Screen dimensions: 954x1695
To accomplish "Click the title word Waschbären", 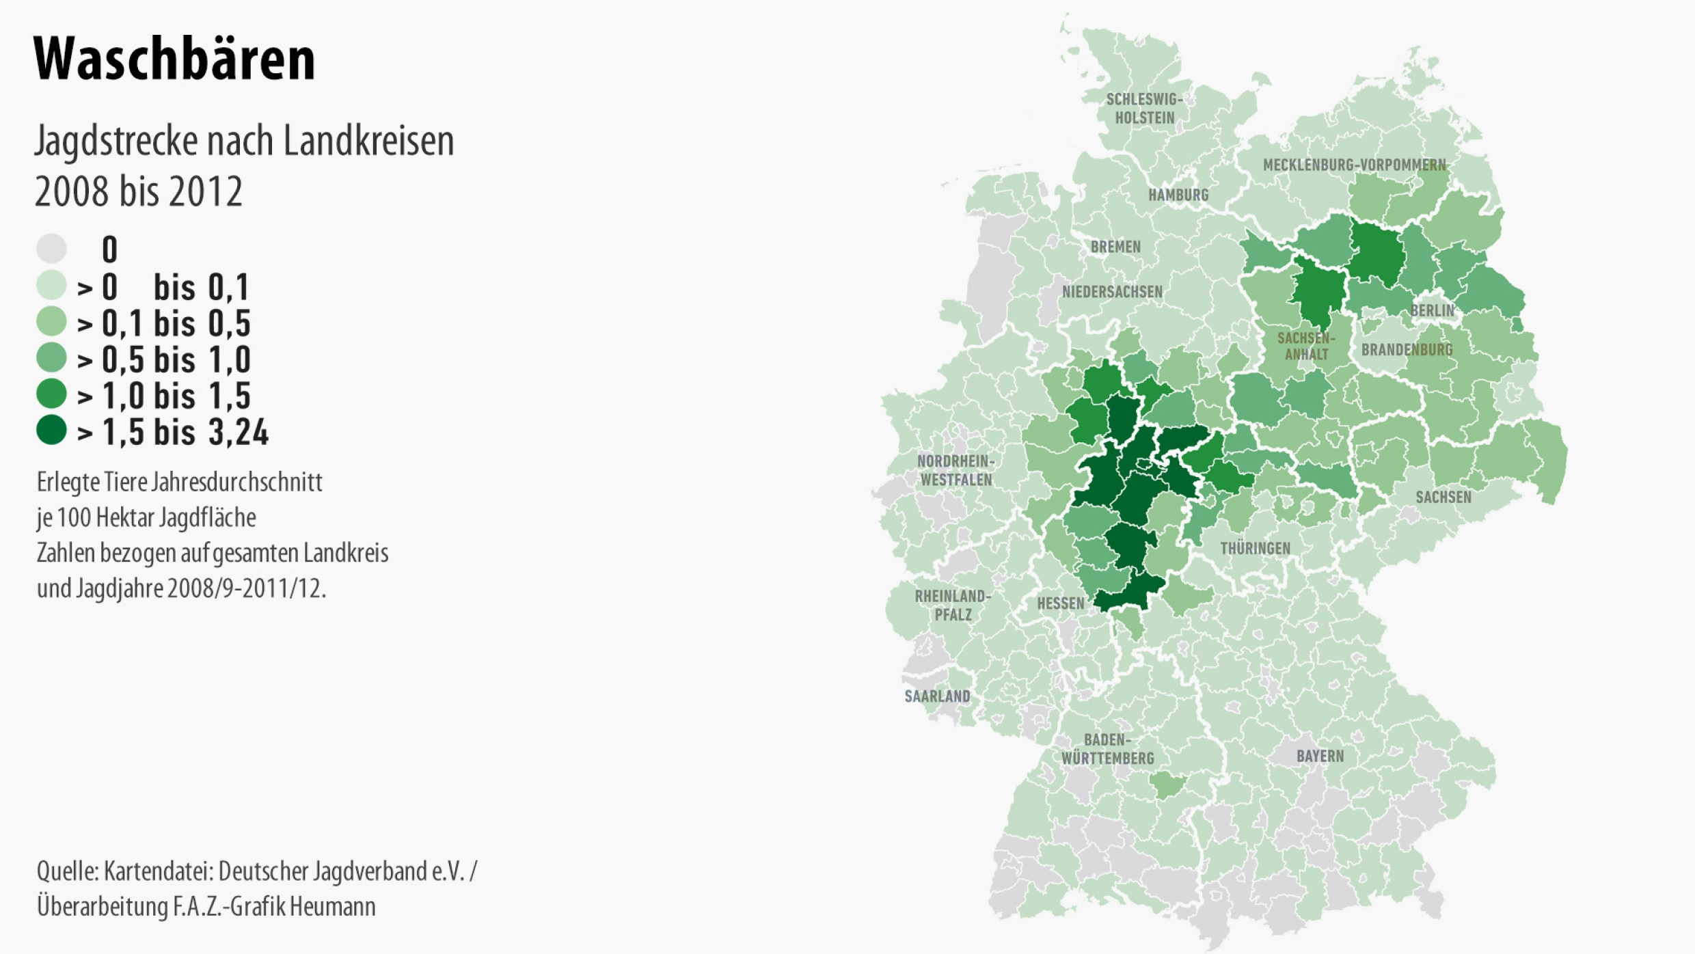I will coord(174,59).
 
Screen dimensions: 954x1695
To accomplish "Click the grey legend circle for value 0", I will coord(51,248).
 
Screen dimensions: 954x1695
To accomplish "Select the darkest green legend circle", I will coord(51,430).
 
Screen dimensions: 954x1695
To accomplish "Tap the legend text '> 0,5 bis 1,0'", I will coord(164,359).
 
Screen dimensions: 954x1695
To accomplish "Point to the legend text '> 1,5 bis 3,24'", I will coord(173,432).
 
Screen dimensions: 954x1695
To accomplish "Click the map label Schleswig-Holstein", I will coord(1144,109).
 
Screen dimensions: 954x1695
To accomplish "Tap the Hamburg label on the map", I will coord(1178,195).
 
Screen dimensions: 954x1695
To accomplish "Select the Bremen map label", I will coord(1115,247).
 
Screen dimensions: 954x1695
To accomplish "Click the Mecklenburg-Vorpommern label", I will coord(1354,165).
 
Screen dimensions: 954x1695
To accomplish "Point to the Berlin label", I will coord(1433,310).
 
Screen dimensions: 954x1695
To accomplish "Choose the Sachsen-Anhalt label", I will coord(1306,346).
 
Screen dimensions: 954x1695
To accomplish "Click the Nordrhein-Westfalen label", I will coord(955,470).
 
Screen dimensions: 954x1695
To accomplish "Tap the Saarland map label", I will coord(937,696).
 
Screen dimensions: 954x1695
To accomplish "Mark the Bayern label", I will coord(1320,756).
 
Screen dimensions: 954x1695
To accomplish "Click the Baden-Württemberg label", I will coord(1107,749).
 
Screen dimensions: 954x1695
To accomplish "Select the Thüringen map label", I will coord(1255,548).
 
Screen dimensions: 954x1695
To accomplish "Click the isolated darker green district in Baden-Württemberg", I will coord(1167,785).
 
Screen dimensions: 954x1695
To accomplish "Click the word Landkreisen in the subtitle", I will coord(368,141).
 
